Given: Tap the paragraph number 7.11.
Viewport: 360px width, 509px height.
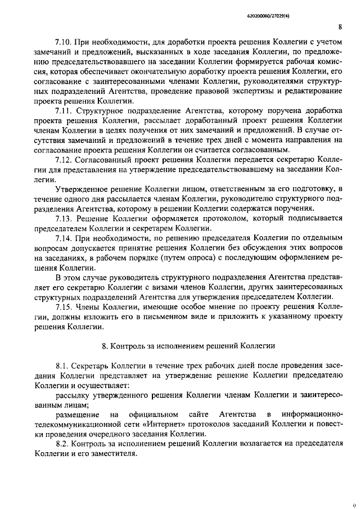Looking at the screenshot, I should tap(64, 111).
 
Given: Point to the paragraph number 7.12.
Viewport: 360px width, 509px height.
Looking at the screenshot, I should tap(64, 160).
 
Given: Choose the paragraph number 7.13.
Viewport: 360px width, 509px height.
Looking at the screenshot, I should tap(64, 219).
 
